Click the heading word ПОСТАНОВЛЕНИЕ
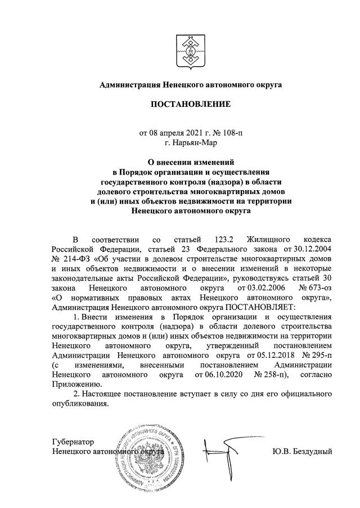coord(191,104)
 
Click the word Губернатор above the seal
coord(72,442)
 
